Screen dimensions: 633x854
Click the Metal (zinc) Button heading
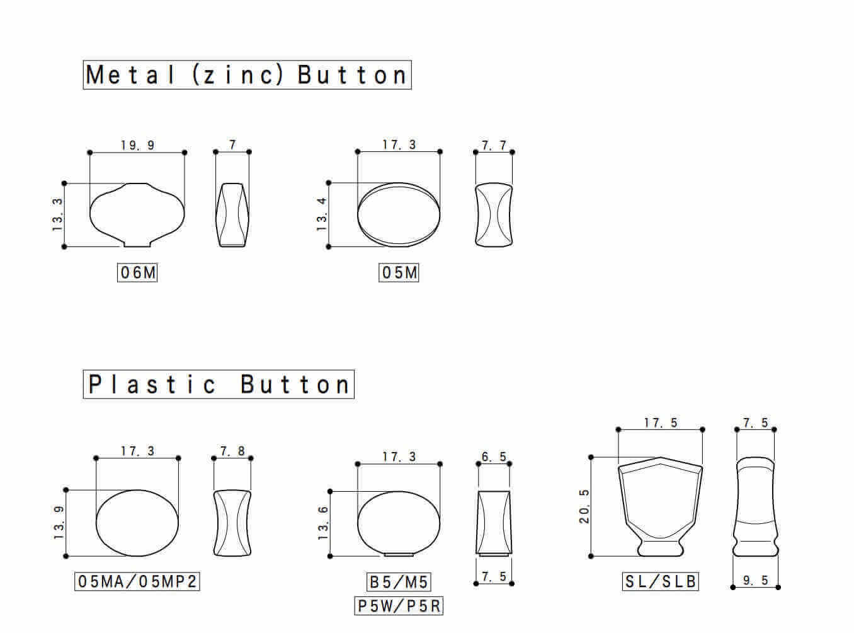click(247, 75)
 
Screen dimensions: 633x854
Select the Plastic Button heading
click(219, 384)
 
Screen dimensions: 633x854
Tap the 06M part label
click(137, 272)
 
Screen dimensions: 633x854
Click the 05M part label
click(399, 272)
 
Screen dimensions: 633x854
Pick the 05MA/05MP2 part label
click(137, 581)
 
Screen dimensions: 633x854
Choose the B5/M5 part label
click(399, 581)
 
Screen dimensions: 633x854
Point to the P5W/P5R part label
click(399, 606)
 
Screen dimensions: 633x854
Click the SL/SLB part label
click(660, 581)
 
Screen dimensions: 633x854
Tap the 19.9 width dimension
click(137, 145)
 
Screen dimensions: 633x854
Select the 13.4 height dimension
click(322, 214)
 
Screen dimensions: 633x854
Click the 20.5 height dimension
click(584, 506)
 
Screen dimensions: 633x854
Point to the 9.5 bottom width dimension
click(755, 580)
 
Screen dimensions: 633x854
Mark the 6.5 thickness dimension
click(494, 456)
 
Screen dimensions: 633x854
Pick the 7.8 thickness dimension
click(232, 451)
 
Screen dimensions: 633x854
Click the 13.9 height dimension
click(59, 523)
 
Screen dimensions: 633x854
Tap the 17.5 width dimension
click(660, 422)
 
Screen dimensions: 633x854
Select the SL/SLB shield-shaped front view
click(660, 504)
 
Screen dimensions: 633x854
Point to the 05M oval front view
click(399, 214)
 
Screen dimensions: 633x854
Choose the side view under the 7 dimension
click(232, 214)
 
